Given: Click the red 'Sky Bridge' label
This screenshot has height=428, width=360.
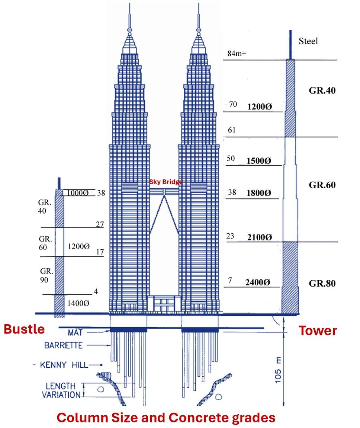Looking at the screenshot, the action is [x=166, y=182].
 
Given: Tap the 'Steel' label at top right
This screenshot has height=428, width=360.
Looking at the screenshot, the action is [x=308, y=41].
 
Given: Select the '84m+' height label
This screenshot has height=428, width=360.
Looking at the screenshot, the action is [x=237, y=54].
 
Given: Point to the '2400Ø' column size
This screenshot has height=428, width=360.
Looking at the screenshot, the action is [x=258, y=282].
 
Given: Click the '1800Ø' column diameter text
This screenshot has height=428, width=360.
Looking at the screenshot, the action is [x=259, y=193].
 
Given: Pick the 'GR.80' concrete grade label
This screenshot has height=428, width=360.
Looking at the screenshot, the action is [x=322, y=283].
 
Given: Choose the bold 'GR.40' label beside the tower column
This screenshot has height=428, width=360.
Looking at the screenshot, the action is [x=322, y=90].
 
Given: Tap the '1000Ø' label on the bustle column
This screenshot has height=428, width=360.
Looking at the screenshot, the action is [x=78, y=193].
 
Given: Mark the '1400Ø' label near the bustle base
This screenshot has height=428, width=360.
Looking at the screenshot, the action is [x=78, y=303].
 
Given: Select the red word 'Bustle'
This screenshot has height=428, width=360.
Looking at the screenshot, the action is [x=24, y=329].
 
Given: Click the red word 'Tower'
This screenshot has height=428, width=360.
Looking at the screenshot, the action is [x=318, y=330].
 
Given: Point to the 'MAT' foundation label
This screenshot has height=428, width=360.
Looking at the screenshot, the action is [x=75, y=332].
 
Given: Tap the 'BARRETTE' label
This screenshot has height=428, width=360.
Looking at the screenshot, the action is [x=63, y=345].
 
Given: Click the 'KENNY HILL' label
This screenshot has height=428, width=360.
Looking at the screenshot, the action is [x=64, y=365].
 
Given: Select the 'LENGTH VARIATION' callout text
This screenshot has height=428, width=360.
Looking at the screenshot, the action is [x=61, y=390].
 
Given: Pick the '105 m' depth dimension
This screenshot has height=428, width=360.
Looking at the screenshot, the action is [x=278, y=370].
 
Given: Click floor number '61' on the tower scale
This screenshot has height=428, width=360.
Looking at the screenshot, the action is [x=232, y=130].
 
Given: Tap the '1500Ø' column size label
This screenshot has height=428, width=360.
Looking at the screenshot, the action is [x=259, y=161].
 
